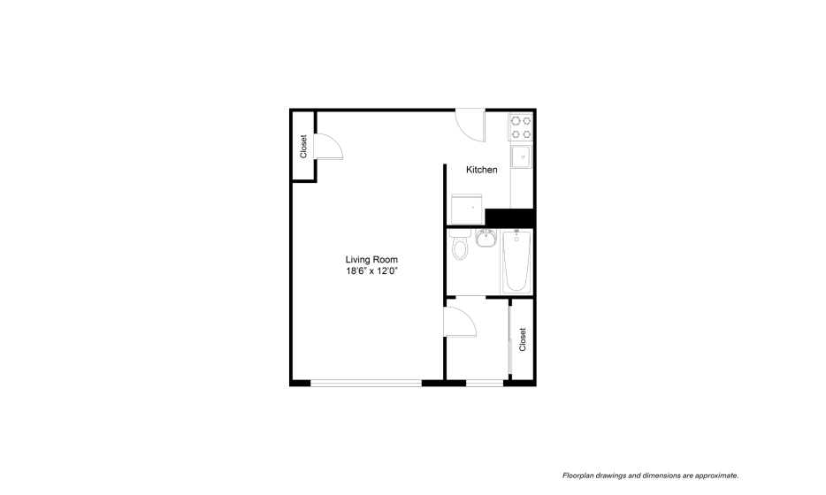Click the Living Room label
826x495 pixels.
click(x=371, y=260)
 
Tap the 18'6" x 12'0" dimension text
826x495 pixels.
click(x=371, y=271)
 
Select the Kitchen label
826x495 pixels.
click(x=481, y=170)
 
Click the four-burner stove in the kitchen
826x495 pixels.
click(x=521, y=127)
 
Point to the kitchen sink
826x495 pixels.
click(x=521, y=156)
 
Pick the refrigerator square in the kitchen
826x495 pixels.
click(x=467, y=209)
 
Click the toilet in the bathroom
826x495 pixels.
click(x=460, y=244)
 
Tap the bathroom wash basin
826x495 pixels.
click(x=486, y=238)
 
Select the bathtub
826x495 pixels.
click(x=516, y=261)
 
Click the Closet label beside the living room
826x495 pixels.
click(x=303, y=147)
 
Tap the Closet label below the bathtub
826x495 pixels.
click(x=523, y=339)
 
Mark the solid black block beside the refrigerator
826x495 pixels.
click(x=509, y=217)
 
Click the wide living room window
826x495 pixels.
click(x=366, y=383)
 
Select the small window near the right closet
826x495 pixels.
click(x=485, y=383)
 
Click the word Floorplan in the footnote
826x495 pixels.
click(x=577, y=476)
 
